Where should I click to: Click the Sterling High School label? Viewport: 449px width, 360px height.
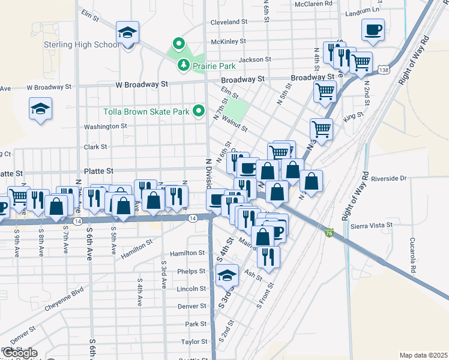[82, 45]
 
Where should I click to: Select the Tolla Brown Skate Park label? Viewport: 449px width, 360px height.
[146, 112]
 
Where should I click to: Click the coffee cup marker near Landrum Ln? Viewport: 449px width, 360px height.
[373, 30]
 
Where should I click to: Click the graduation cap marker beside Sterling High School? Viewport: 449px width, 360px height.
[127, 33]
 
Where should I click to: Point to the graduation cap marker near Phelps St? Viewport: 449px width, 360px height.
[227, 275]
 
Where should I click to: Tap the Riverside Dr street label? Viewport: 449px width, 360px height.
[389, 178]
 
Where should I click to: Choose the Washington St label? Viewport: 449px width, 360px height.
[106, 127]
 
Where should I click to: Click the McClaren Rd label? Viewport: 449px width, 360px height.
[313, 4]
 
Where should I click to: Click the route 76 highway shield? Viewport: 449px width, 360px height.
[328, 232]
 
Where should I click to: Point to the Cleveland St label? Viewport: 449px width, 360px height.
[229, 22]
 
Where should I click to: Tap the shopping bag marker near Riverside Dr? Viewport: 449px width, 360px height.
[311, 181]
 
